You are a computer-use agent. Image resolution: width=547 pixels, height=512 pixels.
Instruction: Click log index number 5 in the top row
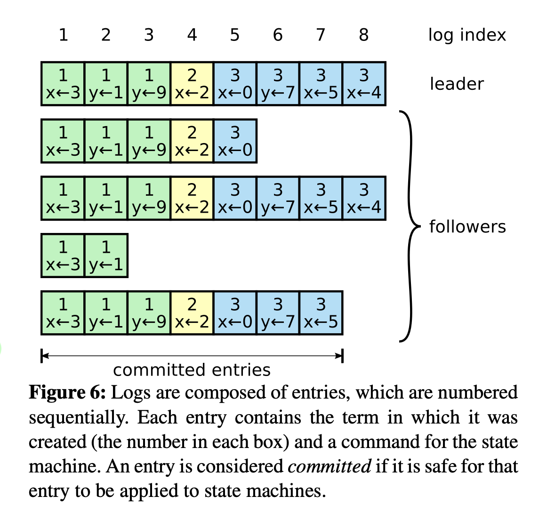pos(234,35)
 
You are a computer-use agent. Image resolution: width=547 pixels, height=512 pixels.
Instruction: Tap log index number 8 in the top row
pos(363,35)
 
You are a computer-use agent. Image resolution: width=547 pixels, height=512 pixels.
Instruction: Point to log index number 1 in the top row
pos(63,35)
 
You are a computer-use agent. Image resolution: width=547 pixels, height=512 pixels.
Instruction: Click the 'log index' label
pos(467,35)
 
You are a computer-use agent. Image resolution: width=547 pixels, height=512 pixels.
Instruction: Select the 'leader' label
pos(456,84)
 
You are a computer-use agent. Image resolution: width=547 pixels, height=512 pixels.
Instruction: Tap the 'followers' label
pos(467,227)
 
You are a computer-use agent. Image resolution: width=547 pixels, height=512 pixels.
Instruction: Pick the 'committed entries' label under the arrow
pos(192,370)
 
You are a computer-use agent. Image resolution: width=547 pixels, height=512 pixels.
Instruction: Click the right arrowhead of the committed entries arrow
pos(339,356)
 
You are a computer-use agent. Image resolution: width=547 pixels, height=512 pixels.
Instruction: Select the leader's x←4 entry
pos(364,84)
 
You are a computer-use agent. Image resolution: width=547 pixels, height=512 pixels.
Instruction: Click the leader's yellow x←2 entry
pos(192,84)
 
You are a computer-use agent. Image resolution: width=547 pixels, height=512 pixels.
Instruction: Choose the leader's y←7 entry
pos(278,84)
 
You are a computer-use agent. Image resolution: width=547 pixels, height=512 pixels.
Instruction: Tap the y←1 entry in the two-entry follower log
pos(106,256)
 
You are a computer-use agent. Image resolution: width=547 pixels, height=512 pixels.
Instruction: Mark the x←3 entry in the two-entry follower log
pos(63,256)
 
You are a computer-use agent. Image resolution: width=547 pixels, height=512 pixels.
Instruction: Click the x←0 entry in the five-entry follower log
pos(235,141)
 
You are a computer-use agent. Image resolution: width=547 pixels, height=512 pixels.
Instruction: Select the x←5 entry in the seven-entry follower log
pos(321,313)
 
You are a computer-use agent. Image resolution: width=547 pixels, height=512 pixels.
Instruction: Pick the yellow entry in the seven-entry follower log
pos(192,313)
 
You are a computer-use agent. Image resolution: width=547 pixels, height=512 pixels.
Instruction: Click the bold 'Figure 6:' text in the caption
pos(67,393)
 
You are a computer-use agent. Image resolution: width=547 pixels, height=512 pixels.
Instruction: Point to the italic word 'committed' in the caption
pos(329,467)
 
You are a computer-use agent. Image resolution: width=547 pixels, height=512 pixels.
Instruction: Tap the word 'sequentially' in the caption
pos(78,418)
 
